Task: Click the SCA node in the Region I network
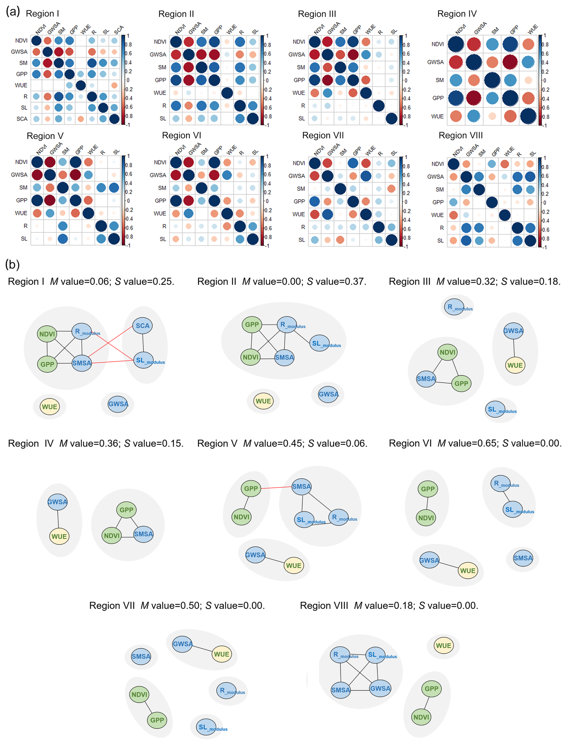tap(142, 326)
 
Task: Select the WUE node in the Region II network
tap(263, 401)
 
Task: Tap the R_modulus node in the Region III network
tap(454, 307)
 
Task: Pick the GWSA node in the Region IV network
tap(57, 502)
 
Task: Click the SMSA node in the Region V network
tap(301, 487)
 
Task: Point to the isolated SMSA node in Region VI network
tap(523, 558)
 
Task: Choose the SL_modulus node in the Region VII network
tap(206, 727)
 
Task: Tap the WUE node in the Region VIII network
tap(444, 646)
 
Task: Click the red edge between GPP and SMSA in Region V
tap(276, 488)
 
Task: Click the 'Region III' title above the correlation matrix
tap(317, 14)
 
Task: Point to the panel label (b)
tap(12, 265)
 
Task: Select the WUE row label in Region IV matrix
tap(437, 116)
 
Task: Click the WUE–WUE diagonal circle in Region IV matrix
tap(528, 116)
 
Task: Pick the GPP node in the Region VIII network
tap(431, 689)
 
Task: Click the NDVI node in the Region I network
tap(47, 334)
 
